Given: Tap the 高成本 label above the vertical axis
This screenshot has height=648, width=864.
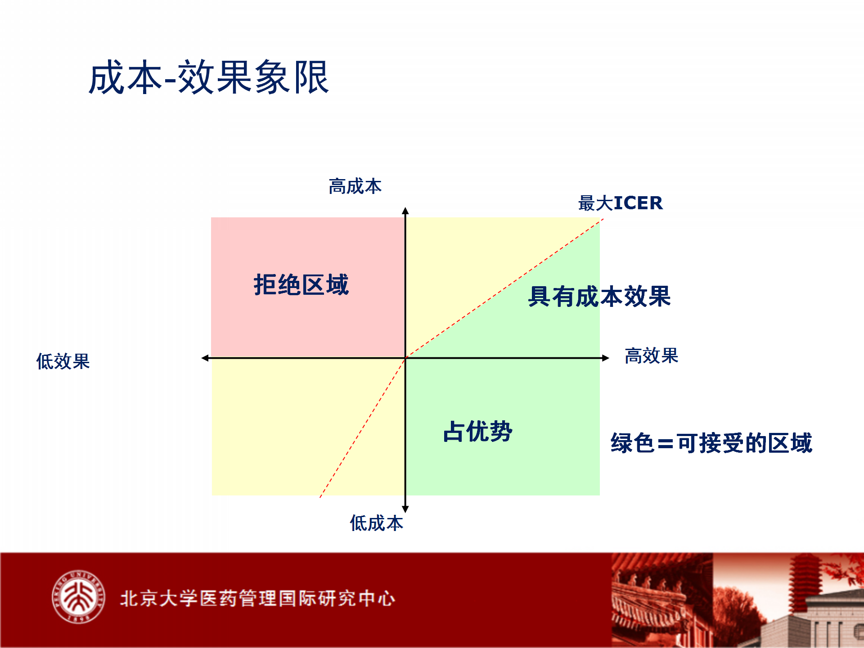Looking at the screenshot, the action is [x=355, y=186].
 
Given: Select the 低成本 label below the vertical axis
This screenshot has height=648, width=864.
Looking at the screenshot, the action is [x=377, y=523].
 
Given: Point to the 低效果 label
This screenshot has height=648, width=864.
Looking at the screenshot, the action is [x=63, y=361].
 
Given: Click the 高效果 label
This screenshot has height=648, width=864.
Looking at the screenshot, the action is [x=651, y=355].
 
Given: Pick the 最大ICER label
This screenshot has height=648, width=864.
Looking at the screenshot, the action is [x=621, y=203].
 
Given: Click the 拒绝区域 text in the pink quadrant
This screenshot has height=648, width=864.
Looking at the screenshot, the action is [x=301, y=284].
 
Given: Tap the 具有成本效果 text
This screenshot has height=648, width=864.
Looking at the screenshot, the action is [x=599, y=296].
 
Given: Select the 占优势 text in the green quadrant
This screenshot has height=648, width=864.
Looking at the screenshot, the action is [x=478, y=431].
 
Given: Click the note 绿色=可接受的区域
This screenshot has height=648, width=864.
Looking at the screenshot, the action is [x=711, y=443].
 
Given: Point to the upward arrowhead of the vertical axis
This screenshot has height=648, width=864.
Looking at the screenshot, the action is [x=405, y=211].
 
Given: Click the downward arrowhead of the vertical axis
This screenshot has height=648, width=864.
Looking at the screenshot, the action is [x=405, y=509].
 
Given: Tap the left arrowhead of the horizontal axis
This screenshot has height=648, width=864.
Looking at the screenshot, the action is [x=205, y=358].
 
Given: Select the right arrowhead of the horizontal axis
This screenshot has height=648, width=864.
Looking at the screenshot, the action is [x=606, y=358].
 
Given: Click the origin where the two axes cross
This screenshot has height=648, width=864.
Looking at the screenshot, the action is [x=405, y=358].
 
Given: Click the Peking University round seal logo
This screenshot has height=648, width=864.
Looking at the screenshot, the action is [x=78, y=597].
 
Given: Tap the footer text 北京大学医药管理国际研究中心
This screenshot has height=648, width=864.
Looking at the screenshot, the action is [x=258, y=598].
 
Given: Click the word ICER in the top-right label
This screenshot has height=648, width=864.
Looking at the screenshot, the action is [x=639, y=203].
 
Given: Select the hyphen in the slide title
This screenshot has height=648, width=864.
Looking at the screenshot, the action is [x=170, y=81].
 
